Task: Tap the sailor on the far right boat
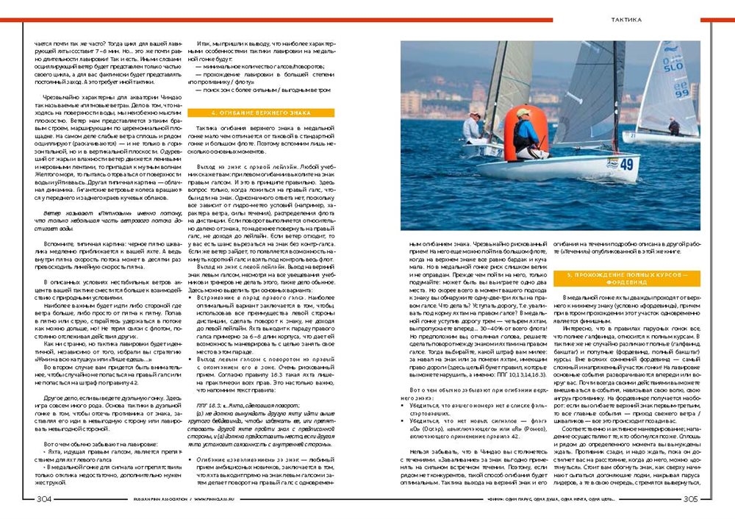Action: [674, 126]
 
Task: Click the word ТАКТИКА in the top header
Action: [626, 19]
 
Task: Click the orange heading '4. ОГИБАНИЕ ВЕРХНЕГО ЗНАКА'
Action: [262, 112]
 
